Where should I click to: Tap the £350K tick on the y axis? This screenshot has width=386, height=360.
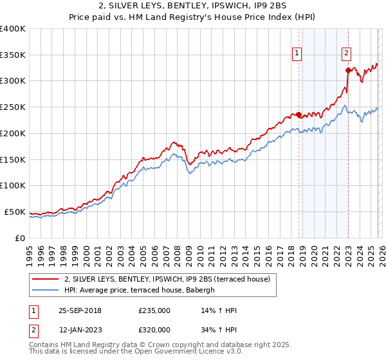click(x=13, y=55)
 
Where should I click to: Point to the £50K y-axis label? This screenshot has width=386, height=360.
click(x=15, y=212)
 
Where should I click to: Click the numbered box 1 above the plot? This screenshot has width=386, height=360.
click(x=298, y=53)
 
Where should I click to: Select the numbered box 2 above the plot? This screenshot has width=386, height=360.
click(x=346, y=53)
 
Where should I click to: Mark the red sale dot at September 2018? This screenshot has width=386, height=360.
click(x=299, y=114)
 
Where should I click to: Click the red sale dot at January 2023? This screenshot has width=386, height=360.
click(x=348, y=70)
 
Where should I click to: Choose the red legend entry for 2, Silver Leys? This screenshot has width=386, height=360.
click(x=170, y=279)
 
